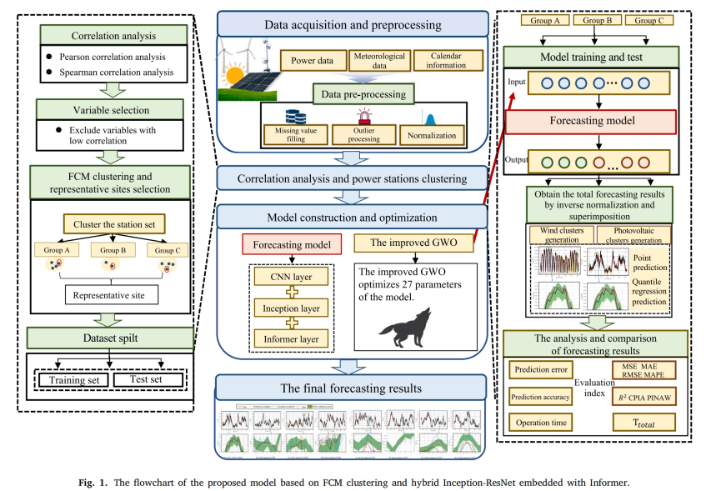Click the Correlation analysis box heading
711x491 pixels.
click(x=111, y=37)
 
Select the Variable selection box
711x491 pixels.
click(x=111, y=110)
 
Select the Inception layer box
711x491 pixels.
click(x=291, y=308)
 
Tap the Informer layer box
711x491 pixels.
click(x=291, y=339)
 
